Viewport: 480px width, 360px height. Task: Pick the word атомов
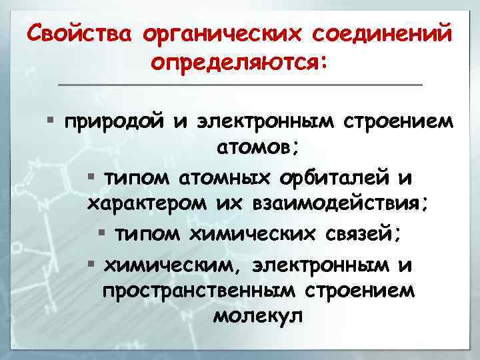[x=254, y=148]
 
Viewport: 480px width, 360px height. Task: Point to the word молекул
[x=257, y=316]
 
